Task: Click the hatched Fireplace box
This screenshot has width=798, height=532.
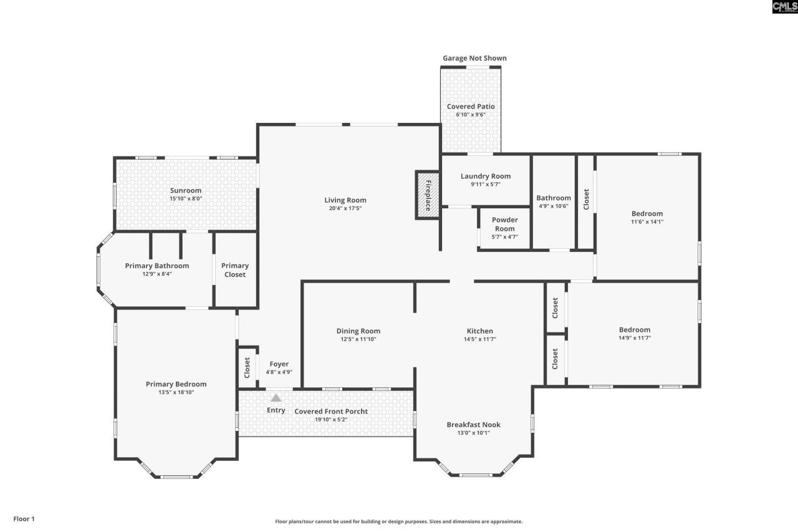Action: (x=428, y=194)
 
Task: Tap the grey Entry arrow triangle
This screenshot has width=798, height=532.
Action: (x=276, y=397)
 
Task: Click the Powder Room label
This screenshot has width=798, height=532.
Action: (x=504, y=224)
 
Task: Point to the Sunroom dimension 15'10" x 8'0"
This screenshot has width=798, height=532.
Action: (x=185, y=198)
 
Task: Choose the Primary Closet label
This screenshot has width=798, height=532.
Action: (x=235, y=270)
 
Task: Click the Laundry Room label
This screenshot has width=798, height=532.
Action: (x=485, y=177)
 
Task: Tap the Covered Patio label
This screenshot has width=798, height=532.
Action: (x=470, y=107)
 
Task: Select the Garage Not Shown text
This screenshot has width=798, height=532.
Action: (x=474, y=58)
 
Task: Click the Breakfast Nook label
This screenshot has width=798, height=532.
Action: (x=473, y=425)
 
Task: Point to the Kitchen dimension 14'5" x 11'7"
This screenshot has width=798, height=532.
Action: (x=479, y=339)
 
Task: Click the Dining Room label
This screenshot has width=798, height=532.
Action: (x=358, y=331)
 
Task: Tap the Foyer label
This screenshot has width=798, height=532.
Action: (x=279, y=364)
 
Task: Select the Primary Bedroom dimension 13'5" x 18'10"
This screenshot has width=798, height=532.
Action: (x=176, y=392)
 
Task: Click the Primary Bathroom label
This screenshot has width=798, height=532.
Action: (x=156, y=266)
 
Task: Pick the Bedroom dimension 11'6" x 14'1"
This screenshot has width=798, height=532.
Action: (x=647, y=221)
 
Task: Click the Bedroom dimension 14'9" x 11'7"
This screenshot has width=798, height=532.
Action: (x=634, y=338)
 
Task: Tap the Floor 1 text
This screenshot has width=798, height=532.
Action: (x=24, y=518)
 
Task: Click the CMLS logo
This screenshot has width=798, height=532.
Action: (x=784, y=7)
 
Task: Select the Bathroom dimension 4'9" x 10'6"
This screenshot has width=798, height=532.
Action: (x=554, y=206)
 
